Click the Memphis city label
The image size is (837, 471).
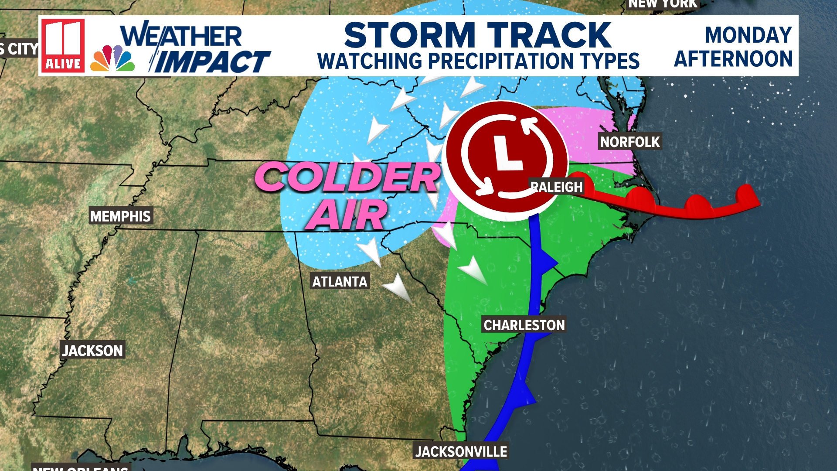[120, 216]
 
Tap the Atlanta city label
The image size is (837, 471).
[340, 282]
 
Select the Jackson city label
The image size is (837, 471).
[92, 350]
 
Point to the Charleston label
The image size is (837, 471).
[524, 325]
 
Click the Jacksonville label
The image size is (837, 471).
[461, 451]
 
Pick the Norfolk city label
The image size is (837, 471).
[630, 142]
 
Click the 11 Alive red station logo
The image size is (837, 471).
[63, 45]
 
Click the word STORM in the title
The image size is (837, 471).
[410, 35]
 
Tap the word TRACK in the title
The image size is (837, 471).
[549, 35]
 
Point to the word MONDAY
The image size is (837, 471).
[748, 35]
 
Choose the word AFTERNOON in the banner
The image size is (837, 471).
[733, 59]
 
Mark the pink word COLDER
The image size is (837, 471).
[347, 177]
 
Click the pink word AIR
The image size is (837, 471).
[347, 215]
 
